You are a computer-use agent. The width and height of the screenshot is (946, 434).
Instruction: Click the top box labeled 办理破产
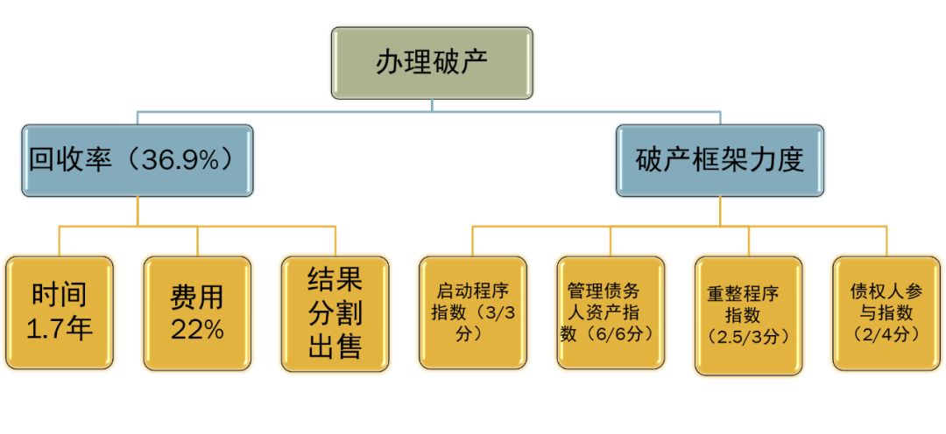pos(432,63)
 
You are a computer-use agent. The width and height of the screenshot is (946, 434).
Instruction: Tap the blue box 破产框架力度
pos(719,160)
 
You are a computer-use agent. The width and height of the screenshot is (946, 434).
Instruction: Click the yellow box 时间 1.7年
pos(60,312)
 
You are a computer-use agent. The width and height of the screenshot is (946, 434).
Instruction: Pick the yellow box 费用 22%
pos(197,312)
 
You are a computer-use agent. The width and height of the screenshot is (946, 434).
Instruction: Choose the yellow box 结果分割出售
pos(335,312)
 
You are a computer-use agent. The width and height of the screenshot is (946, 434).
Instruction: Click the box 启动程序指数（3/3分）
pos(472,312)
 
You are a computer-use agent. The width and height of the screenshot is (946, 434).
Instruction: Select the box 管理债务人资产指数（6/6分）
pos(610,312)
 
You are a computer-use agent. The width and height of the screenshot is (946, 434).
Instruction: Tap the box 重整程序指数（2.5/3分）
pos(748,315)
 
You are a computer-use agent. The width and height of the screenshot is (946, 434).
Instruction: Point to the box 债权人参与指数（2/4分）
pos(886,312)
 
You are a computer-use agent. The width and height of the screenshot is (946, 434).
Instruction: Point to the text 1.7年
pos(60,329)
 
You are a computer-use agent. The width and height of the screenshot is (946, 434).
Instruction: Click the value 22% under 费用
pos(197,330)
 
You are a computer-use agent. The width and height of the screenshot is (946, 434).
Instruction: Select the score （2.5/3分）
pos(748,336)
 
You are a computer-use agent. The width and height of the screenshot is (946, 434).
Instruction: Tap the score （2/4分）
pos(886,332)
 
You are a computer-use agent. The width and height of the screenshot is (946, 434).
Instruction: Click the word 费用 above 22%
pos(197,297)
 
